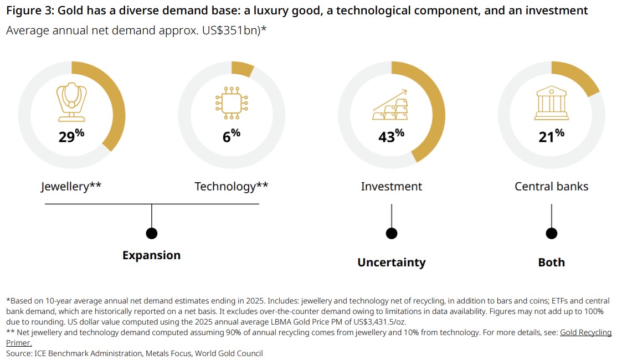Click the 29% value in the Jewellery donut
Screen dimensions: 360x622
[71, 136]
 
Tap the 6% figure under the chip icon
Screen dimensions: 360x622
[231, 136]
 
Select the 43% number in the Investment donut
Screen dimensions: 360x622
[391, 136]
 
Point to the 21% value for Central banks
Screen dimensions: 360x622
[551, 136]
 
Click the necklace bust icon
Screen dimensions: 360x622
[71, 102]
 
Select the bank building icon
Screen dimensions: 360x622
[551, 103]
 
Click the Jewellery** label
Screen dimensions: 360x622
[71, 187]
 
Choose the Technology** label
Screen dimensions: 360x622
[231, 187]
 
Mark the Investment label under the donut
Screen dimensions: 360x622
[391, 187]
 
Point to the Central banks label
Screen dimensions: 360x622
[551, 187]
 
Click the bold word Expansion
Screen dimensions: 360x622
[151, 255]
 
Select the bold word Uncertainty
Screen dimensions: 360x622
[391, 263]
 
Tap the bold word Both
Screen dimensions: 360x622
[551, 263]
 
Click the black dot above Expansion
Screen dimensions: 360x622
[151, 233]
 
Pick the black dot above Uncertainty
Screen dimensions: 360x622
[392, 233]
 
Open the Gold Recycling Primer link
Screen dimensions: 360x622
[585, 333]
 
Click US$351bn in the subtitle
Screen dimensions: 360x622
[226, 30]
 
